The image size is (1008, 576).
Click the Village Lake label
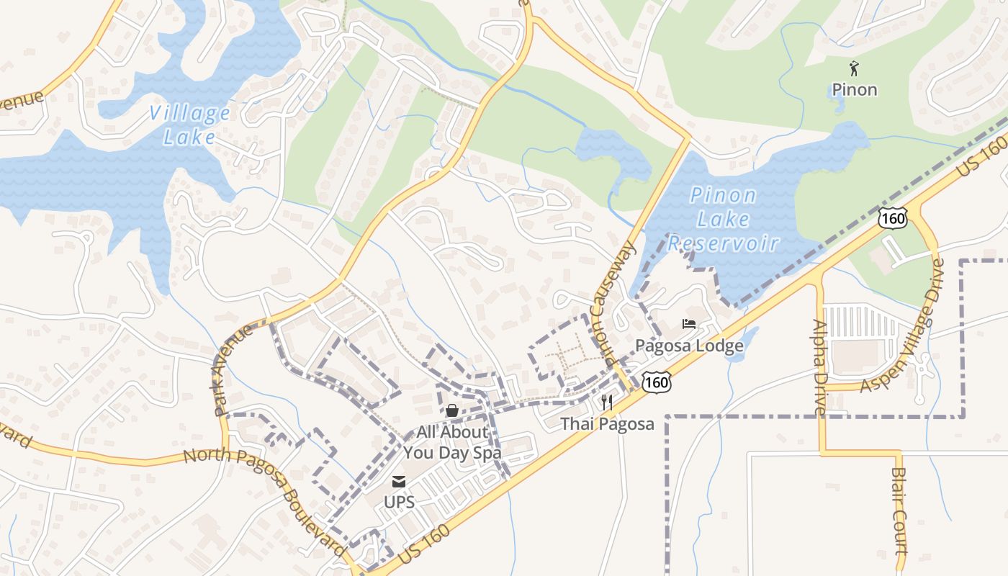189,125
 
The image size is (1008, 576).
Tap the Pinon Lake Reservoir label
723,219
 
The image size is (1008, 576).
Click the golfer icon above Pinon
855,69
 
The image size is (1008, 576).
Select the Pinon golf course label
855,90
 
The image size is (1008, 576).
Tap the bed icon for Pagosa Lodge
689,324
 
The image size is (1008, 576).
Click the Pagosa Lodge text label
689,346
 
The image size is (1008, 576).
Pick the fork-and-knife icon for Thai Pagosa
608,402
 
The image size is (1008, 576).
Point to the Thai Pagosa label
608,424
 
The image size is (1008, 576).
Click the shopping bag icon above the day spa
452,410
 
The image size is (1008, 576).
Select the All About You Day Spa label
452,443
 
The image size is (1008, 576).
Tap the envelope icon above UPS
399,482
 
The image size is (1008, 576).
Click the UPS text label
399,502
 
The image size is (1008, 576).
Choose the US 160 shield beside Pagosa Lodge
658,382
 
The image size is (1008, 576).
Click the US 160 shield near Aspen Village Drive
893,217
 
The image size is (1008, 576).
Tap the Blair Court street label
900,510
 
